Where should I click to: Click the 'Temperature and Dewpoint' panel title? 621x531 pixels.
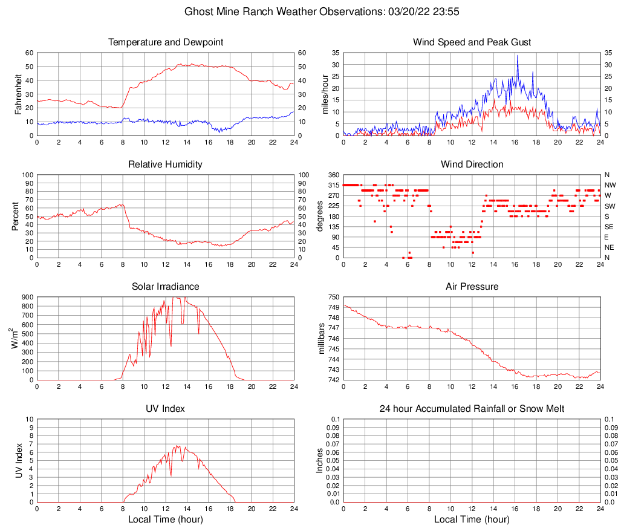pyautogui.click(x=166, y=42)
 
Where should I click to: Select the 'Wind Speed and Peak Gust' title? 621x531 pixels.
pyautogui.click(x=472, y=42)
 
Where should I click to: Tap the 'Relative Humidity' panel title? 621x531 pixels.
pyautogui.click(x=166, y=165)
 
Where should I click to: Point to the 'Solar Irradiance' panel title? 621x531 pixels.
pyautogui.click(x=166, y=286)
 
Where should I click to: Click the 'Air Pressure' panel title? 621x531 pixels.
pyautogui.click(x=472, y=286)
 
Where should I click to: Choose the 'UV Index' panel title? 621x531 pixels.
pyautogui.click(x=166, y=409)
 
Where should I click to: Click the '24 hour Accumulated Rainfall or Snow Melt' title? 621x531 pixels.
pyautogui.click(x=472, y=409)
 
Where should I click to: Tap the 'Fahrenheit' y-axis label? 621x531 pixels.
pyautogui.click(x=18, y=94)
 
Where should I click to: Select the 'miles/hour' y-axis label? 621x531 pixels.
pyautogui.click(x=325, y=94)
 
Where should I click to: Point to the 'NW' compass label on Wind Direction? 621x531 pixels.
pyautogui.click(x=610, y=185)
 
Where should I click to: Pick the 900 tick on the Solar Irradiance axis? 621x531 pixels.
pyautogui.click(x=27, y=298)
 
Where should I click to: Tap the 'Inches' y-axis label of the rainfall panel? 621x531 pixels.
pyautogui.click(x=320, y=461)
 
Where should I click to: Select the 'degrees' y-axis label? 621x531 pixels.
pyautogui.click(x=320, y=216)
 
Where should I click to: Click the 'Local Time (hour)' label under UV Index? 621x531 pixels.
pyautogui.click(x=166, y=520)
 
